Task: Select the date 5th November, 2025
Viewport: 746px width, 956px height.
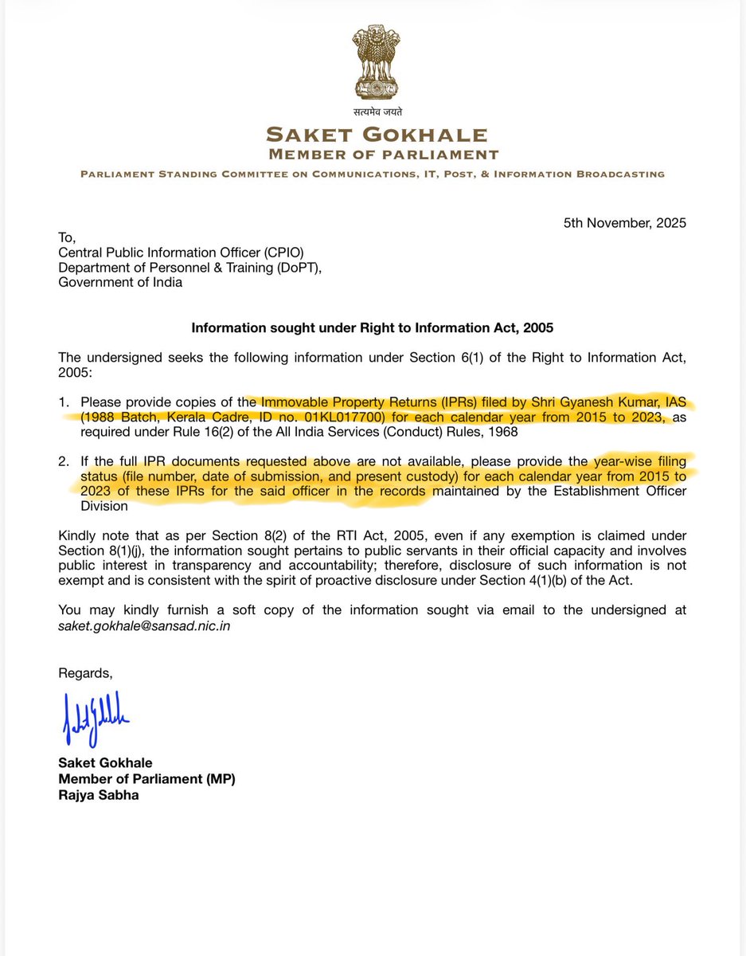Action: pyautogui.click(x=624, y=223)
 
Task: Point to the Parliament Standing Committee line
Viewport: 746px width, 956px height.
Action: pyautogui.click(x=373, y=174)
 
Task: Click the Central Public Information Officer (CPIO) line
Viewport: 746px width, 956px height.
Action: pyautogui.click(x=181, y=253)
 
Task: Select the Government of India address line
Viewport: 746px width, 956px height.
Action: pyautogui.click(x=120, y=282)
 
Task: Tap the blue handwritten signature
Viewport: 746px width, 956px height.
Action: pyautogui.click(x=95, y=718)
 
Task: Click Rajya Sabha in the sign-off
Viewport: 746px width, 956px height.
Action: pyautogui.click(x=98, y=794)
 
